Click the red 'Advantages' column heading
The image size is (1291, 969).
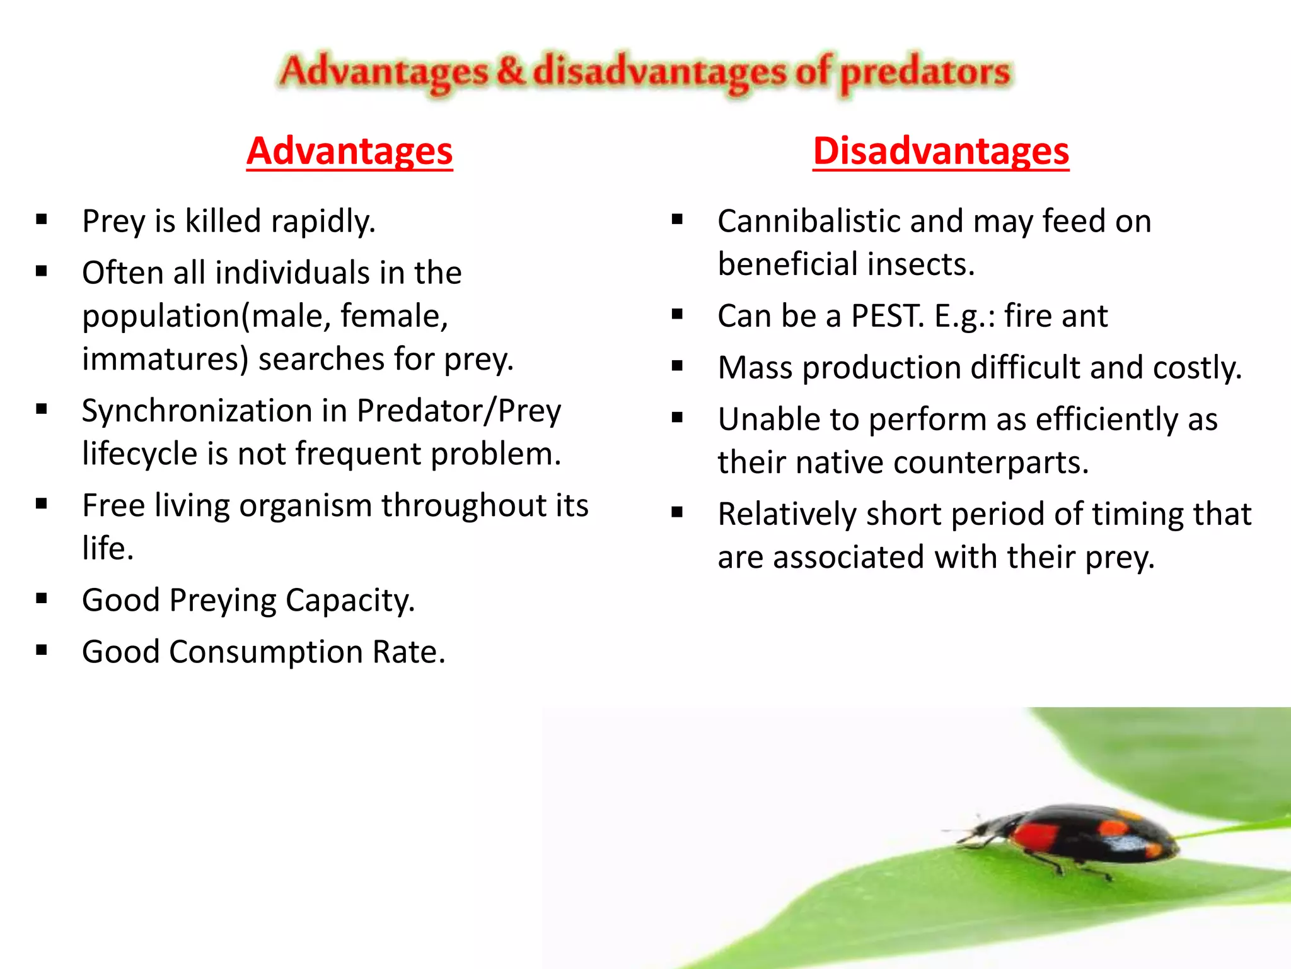(349, 151)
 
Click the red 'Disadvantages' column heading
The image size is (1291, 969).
(941, 151)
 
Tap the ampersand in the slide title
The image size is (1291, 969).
(510, 71)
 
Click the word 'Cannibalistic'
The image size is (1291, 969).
(808, 221)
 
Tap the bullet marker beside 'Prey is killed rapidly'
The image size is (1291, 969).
(42, 220)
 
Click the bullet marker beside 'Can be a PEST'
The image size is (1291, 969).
(677, 314)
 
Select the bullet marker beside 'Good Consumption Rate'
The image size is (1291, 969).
(42, 650)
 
